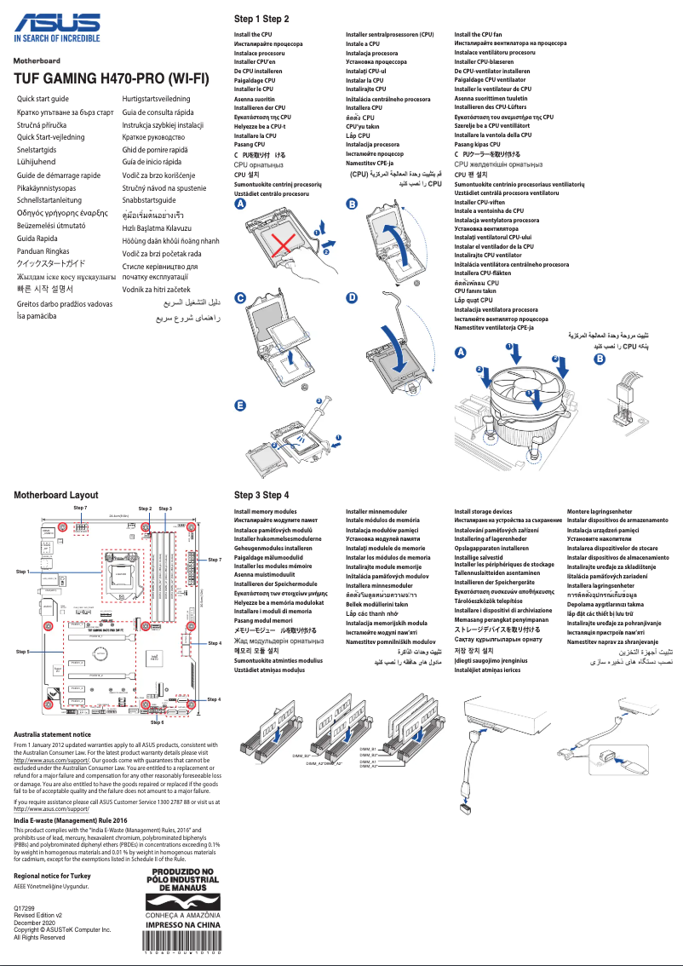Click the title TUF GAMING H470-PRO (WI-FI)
click(112, 79)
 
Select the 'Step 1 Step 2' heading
click(261, 19)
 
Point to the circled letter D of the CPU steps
click(352, 297)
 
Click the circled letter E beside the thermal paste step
click(240, 405)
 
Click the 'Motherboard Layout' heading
click(56, 495)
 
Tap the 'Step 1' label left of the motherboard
click(23, 572)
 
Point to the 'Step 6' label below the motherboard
click(158, 722)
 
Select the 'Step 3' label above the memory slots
click(165, 509)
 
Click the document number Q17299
click(25, 910)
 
